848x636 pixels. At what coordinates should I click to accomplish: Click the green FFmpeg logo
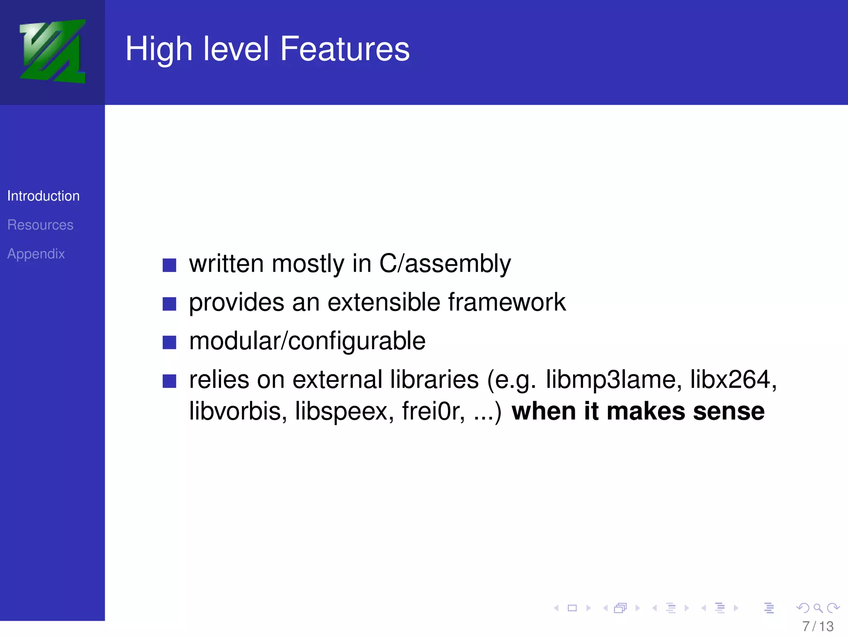pyautogui.click(x=53, y=51)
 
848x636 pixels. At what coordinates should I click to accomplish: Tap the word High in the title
pyautogui.click(x=159, y=50)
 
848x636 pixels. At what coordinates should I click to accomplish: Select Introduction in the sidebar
pyautogui.click(x=43, y=196)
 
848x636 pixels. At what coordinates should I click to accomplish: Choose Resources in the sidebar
pyautogui.click(x=40, y=225)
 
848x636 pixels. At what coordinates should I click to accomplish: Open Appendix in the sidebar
pyautogui.click(x=36, y=254)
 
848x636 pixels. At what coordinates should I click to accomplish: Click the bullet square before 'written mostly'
pyautogui.click(x=169, y=265)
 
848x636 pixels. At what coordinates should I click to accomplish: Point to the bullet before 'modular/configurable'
pyautogui.click(x=169, y=342)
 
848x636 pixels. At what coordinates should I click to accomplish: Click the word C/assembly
pyautogui.click(x=445, y=264)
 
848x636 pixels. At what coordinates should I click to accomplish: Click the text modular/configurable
pyautogui.click(x=307, y=341)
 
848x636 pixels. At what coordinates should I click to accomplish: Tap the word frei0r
pyautogui.click(x=433, y=411)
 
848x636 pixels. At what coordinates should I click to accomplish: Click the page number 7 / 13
pyautogui.click(x=818, y=626)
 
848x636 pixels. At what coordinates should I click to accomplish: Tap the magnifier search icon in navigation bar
pyautogui.click(x=818, y=608)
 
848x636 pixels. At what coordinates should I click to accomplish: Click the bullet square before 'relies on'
pyautogui.click(x=169, y=381)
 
